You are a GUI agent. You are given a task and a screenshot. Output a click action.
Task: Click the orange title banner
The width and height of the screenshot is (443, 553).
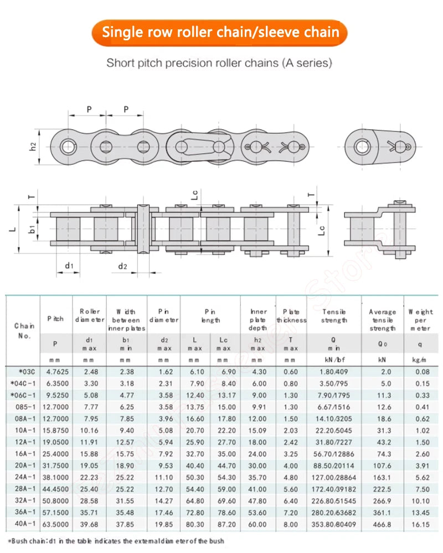click(219, 33)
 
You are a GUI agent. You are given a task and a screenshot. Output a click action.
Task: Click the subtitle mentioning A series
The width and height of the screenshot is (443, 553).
click(219, 63)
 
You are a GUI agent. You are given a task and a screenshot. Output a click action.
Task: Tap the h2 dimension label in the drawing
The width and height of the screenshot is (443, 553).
click(33, 147)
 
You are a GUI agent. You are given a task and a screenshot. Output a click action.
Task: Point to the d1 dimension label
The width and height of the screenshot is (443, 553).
click(69, 265)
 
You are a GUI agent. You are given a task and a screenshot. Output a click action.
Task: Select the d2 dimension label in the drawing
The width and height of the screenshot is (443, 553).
click(122, 267)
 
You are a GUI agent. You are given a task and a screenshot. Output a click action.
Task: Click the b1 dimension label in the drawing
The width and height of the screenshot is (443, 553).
click(32, 229)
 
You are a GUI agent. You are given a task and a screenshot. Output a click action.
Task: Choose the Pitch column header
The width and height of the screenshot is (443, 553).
click(55, 319)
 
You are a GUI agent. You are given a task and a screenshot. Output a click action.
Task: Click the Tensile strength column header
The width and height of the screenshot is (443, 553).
click(334, 316)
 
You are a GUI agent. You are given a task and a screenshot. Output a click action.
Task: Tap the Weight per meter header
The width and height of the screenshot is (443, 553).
click(420, 320)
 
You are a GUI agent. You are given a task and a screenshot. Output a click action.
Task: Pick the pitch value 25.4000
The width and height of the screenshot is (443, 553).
click(55, 454)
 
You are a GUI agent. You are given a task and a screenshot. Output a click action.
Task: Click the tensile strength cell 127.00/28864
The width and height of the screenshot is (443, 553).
click(334, 478)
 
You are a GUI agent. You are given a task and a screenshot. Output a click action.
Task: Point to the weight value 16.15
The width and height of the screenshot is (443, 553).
click(420, 524)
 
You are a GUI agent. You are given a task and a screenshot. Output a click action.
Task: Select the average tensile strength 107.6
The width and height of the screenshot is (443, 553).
click(382, 466)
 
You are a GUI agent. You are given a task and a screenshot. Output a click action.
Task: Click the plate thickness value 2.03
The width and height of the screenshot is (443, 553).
click(291, 430)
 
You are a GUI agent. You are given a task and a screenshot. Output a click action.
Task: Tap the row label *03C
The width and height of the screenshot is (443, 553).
click(27, 372)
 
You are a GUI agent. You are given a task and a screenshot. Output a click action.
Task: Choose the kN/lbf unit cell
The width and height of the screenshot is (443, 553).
click(334, 360)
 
